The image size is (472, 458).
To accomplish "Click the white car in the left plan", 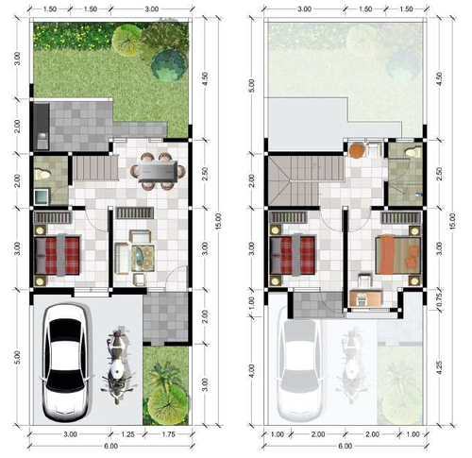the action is (x=66, y=363).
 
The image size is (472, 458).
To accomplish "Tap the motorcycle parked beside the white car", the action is (x=118, y=365).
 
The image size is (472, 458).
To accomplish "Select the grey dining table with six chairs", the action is (x=158, y=171).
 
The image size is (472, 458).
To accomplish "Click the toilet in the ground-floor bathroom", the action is (x=42, y=174).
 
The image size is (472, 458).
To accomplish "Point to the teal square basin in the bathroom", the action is (x=42, y=196).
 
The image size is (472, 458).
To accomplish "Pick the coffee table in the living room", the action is (x=143, y=258).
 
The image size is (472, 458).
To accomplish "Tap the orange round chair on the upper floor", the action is (x=357, y=150).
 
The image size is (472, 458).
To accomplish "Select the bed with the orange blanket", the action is (x=398, y=256).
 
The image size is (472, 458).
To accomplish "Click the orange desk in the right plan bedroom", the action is (x=366, y=297).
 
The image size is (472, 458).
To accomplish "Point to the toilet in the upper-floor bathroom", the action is (x=413, y=153).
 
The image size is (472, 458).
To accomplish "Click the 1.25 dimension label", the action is (x=127, y=434).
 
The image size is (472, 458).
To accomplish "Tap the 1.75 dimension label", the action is (x=168, y=434).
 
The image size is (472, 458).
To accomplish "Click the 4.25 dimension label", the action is (x=440, y=367).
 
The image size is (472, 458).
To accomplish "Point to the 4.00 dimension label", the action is (x=251, y=371).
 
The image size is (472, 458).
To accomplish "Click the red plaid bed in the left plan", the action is (x=57, y=256).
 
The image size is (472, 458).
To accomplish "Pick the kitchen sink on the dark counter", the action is (x=42, y=137).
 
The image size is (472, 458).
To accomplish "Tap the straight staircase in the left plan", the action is (x=95, y=168).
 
